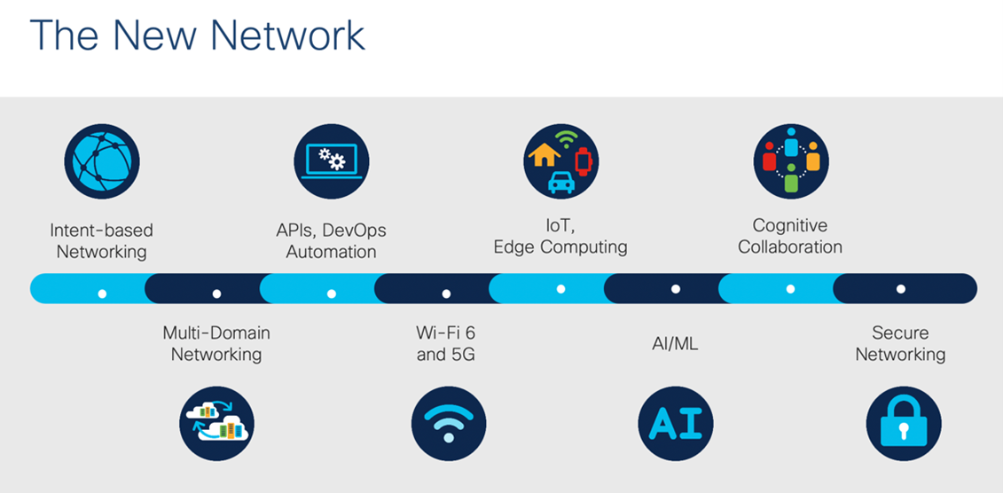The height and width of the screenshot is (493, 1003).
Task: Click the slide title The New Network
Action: tap(197, 36)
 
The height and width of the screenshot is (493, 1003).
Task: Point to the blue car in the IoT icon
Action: tap(560, 183)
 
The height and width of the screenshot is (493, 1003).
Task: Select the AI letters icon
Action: tap(676, 424)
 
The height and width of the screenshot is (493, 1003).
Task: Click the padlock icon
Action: tap(903, 424)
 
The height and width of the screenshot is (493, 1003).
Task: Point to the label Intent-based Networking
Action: tap(101, 240)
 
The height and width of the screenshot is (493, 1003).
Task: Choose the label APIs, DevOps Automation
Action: tap(331, 240)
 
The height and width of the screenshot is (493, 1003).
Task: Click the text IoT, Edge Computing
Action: tap(560, 236)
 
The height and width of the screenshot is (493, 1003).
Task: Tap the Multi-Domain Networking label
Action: tap(216, 343)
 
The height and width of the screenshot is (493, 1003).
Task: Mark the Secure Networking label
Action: tap(900, 343)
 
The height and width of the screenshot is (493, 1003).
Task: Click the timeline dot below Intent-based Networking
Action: tap(102, 293)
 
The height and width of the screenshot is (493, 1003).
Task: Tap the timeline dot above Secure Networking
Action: tap(900, 289)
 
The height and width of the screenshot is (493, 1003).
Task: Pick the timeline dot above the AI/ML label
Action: tap(676, 289)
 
